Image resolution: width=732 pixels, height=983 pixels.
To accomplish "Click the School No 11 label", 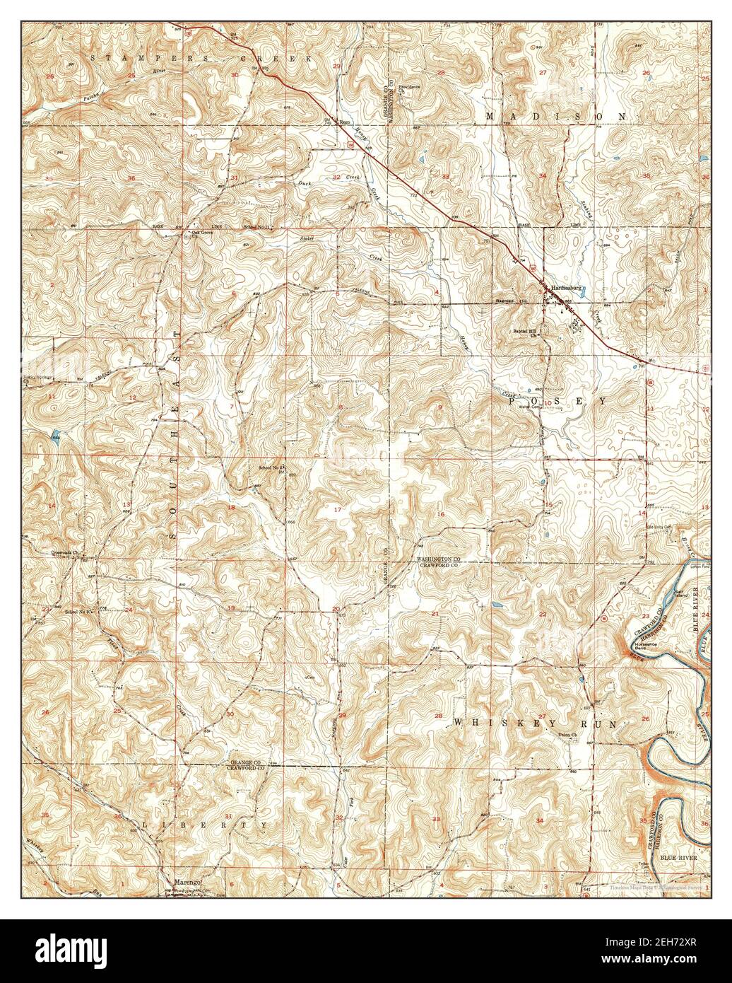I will [x=257, y=226].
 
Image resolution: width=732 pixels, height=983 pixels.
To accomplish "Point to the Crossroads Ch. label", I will [x=63, y=554].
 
